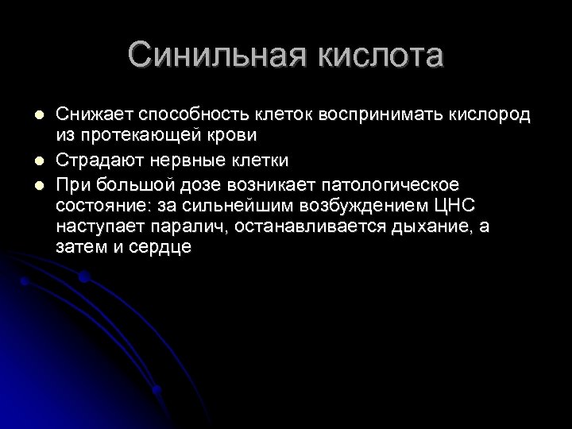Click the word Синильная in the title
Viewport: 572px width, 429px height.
pyautogui.click(x=211, y=57)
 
